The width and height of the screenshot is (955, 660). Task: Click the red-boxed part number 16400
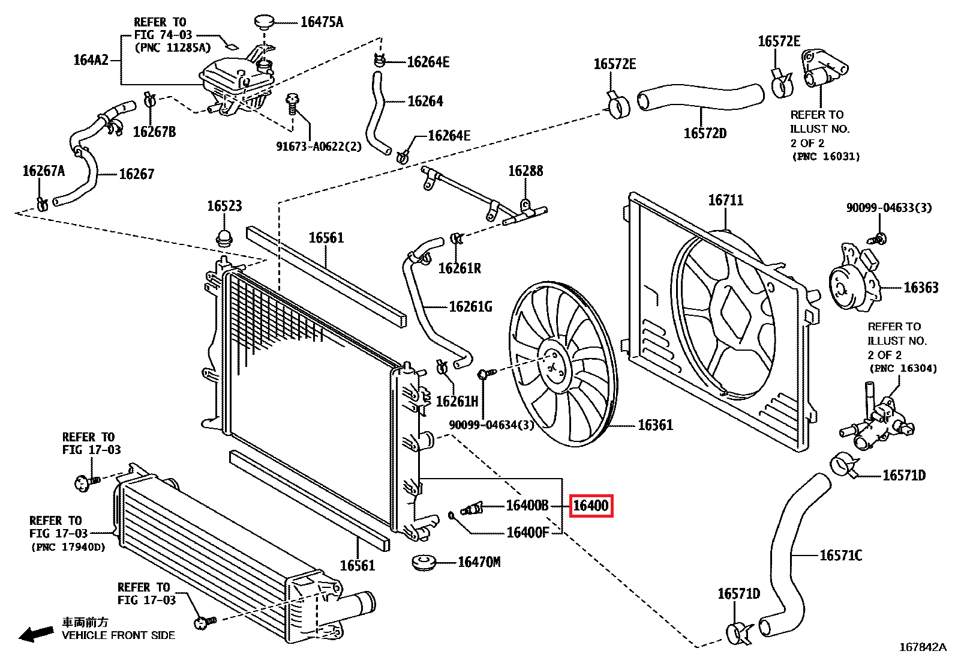(591, 506)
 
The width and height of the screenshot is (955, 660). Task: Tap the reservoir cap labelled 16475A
(264, 22)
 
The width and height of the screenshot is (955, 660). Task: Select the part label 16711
(725, 200)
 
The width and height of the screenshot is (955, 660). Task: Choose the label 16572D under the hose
(705, 133)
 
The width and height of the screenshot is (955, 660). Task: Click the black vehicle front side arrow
(35, 633)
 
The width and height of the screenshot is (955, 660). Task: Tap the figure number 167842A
(922, 647)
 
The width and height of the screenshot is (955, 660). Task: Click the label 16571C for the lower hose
(840, 556)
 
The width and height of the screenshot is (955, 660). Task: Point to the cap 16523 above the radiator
(224, 237)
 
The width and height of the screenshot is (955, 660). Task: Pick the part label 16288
(525, 171)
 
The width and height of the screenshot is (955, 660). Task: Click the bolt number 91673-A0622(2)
(319, 147)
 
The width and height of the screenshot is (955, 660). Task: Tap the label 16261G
(470, 307)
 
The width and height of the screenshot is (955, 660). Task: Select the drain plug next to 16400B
(472, 510)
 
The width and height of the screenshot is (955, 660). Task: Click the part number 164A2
(91, 59)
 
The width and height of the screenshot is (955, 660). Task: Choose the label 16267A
(43, 171)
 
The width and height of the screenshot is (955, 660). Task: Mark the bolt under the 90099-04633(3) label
(879, 238)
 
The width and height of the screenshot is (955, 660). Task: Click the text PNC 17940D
(68, 547)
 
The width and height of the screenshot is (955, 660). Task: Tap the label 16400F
(527, 533)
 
